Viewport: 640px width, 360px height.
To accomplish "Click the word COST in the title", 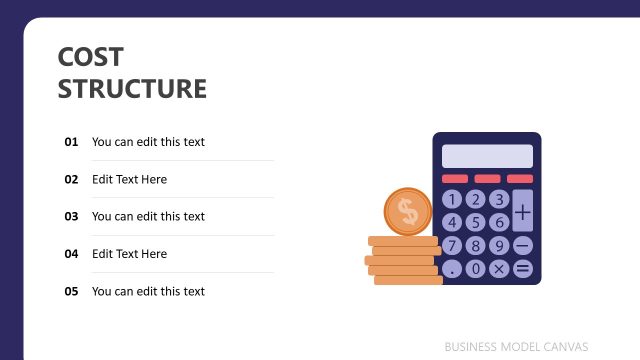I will [x=91, y=57].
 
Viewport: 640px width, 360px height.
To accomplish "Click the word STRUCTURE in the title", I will [x=132, y=89].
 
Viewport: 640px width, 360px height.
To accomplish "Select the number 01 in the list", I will [x=71, y=142].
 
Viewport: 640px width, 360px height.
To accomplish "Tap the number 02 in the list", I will [x=71, y=180].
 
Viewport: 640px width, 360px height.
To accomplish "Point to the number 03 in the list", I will [x=71, y=216].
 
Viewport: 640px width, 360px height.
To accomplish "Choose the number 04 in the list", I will [x=71, y=254].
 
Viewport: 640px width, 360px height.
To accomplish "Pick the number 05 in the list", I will [x=71, y=291].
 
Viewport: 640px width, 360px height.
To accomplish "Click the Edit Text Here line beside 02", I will [x=129, y=180].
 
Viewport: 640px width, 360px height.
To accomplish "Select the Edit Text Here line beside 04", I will [x=129, y=254].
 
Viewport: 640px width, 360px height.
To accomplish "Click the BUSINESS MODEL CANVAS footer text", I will [x=517, y=346].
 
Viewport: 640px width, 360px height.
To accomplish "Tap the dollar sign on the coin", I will [x=407, y=211].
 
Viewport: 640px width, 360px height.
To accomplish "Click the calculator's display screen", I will [x=487, y=156].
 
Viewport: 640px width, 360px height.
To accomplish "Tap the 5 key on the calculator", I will [x=476, y=222].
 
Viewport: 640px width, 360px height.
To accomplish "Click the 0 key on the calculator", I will [x=476, y=268].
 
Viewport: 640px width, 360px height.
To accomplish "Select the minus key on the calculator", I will [x=523, y=245].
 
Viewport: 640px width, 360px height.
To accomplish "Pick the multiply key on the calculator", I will [x=499, y=268].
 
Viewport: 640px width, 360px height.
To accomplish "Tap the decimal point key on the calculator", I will [x=453, y=268].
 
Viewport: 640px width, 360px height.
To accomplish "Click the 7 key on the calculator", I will [x=453, y=245].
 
